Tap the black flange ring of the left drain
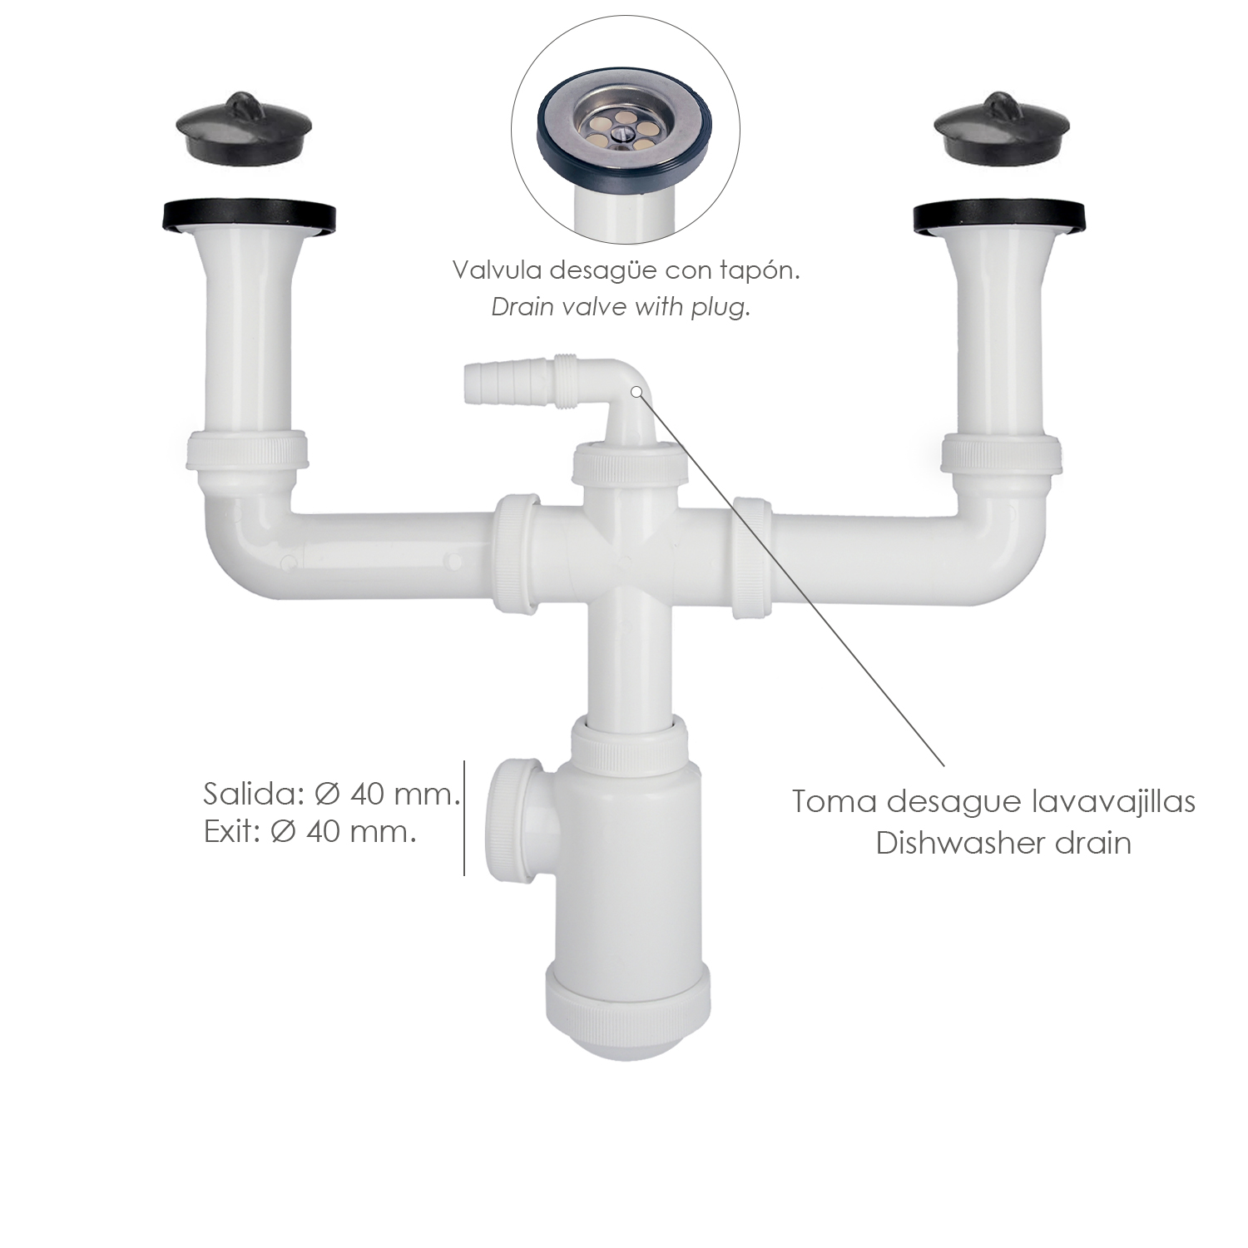click(247, 215)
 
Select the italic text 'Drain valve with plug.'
click(621, 308)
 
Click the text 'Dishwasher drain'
click(1003, 844)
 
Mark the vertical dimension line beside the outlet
click(464, 818)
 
